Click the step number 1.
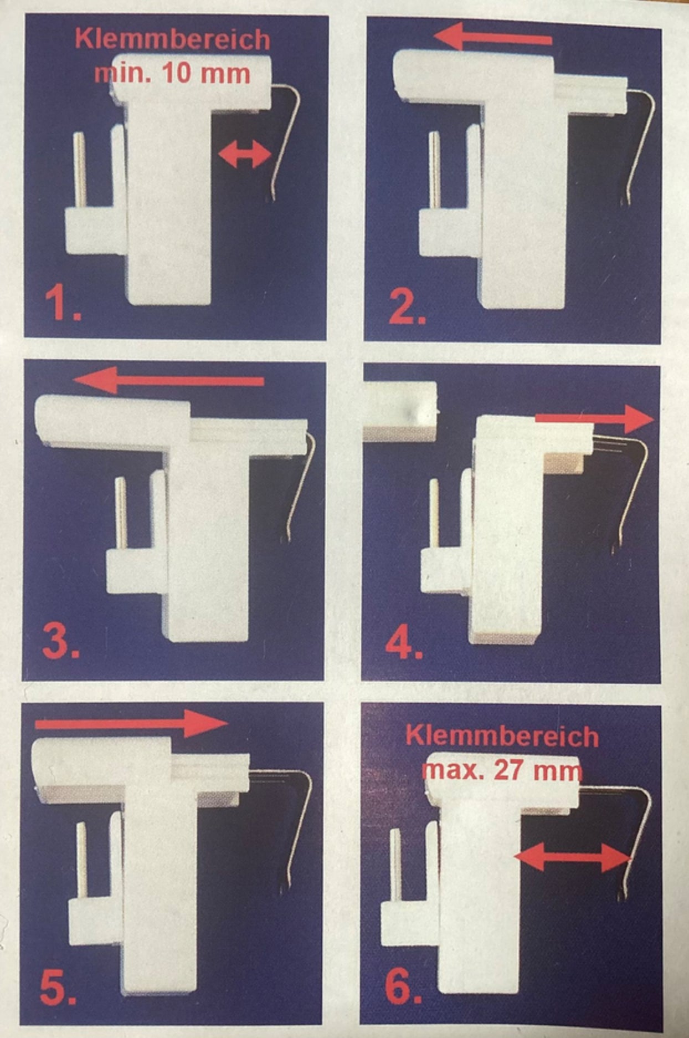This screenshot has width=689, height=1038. pyautogui.click(x=62, y=305)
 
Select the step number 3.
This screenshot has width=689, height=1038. pyautogui.click(x=61, y=643)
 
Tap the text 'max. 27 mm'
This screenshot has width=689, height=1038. pyautogui.click(x=502, y=770)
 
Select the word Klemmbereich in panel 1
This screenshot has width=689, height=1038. pyautogui.click(x=173, y=40)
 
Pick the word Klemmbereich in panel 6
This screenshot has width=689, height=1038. pyautogui.click(x=502, y=737)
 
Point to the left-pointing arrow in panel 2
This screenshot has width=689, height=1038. pyautogui.click(x=493, y=38)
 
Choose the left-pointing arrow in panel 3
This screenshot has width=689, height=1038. pyautogui.click(x=168, y=381)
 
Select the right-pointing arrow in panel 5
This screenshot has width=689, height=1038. pyautogui.click(x=131, y=723)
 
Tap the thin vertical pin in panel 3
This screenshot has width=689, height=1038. pyautogui.click(x=120, y=513)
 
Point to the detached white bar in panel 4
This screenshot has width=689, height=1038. pyautogui.click(x=400, y=410)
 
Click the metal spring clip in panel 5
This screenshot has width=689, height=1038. pyautogui.click(x=299, y=820)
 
